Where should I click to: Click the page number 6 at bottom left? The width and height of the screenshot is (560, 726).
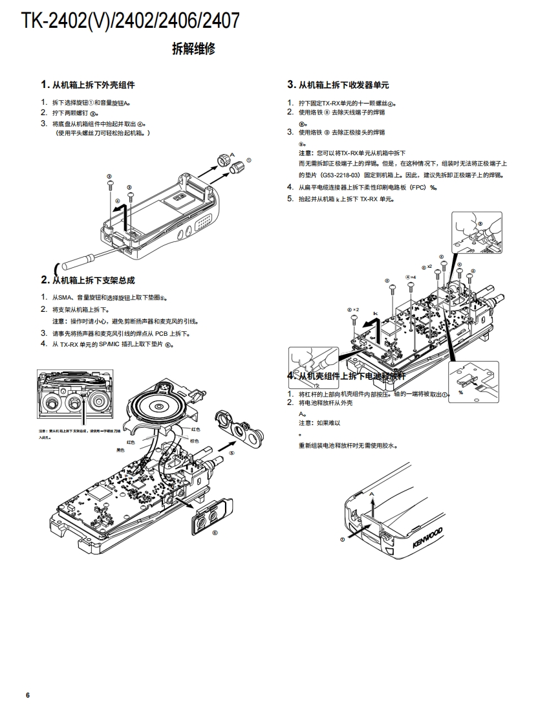pyautogui.click(x=28, y=695)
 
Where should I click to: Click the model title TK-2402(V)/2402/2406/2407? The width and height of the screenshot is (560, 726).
pyautogui.click(x=130, y=21)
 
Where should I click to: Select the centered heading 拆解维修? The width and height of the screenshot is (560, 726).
pyautogui.click(x=193, y=49)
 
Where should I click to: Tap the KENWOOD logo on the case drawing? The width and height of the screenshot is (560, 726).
pyautogui.click(x=427, y=538)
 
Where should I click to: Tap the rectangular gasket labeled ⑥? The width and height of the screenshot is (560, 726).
pyautogui.click(x=210, y=516)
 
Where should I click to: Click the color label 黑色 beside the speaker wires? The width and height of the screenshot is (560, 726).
pyautogui.click(x=120, y=450)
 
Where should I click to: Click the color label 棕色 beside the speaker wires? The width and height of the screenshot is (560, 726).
pyautogui.click(x=194, y=441)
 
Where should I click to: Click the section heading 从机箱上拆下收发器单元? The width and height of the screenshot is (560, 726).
pyautogui.click(x=343, y=85)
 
